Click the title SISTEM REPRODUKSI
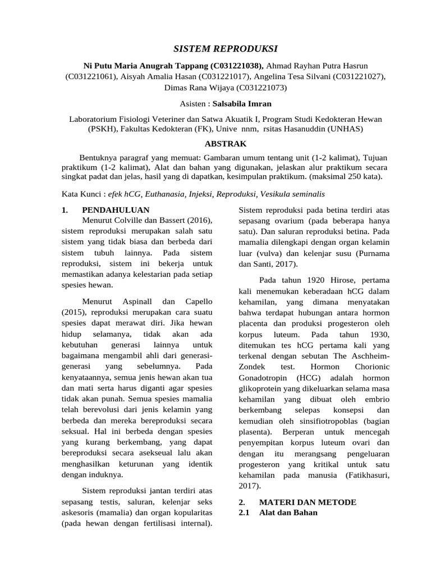pyautogui.click(x=216, y=49)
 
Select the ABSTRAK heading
pyautogui.click(x=216, y=144)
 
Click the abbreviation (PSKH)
pyautogui.click(x=103, y=129)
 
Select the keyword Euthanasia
pyautogui.click(x=167, y=194)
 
